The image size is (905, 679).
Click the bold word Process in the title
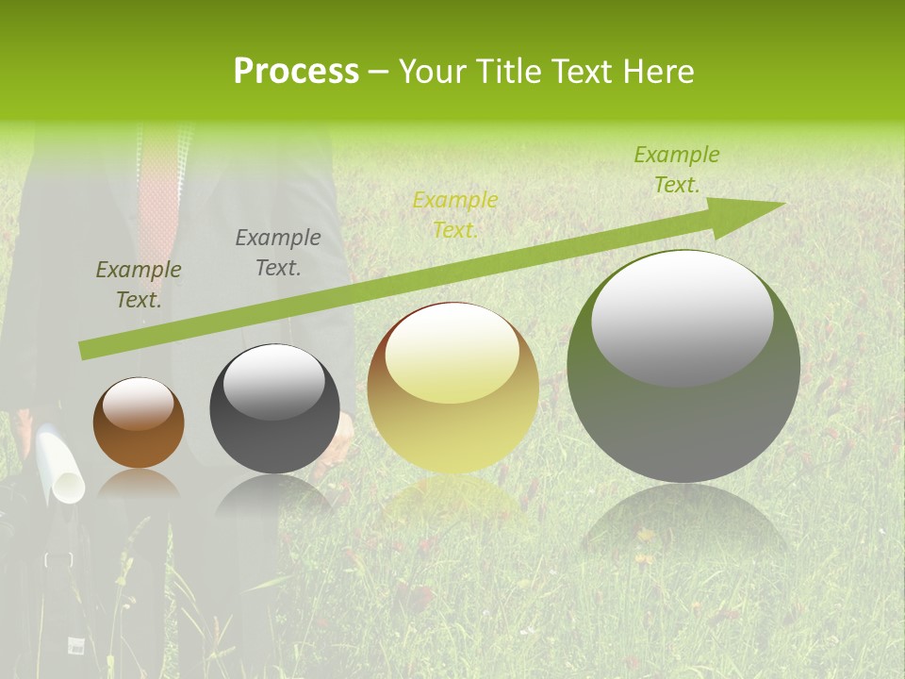point(296,71)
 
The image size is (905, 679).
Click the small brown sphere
point(139,423)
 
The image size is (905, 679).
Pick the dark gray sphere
point(274,409)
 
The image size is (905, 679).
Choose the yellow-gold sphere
point(452,388)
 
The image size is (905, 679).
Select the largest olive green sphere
point(683,367)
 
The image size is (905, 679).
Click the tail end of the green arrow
point(87,350)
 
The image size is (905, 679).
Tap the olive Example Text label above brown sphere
point(139,285)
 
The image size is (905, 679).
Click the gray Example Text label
point(278,253)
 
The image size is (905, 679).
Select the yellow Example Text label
point(455,215)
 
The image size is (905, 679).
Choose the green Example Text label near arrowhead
point(676,170)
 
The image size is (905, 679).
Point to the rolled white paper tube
point(59,462)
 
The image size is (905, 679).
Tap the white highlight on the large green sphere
point(682,317)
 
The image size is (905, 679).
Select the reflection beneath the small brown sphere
point(139,484)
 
